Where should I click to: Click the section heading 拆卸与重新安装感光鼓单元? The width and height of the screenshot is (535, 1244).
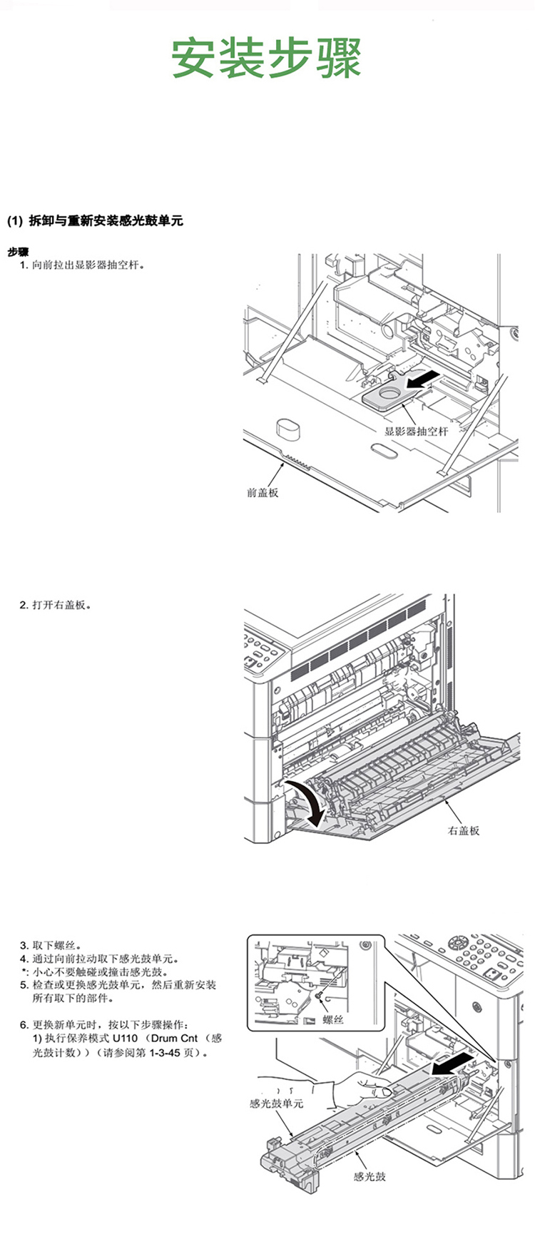coord(105,220)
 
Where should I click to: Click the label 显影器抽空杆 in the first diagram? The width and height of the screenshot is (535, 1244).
coord(417,431)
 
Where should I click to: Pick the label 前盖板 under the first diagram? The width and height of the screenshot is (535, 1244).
coord(263,492)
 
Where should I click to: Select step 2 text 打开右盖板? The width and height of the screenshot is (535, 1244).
coord(61,605)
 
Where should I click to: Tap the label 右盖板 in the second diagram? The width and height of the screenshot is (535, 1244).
coord(464,830)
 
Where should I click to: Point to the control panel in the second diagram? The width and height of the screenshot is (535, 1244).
coord(265,650)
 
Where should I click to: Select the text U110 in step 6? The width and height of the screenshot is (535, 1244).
coord(126,1039)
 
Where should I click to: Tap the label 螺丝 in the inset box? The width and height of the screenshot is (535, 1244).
coord(334,1019)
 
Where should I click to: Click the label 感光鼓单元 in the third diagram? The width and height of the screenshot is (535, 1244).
coord(277,1103)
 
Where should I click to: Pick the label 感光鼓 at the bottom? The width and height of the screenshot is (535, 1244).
coord(370,1176)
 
